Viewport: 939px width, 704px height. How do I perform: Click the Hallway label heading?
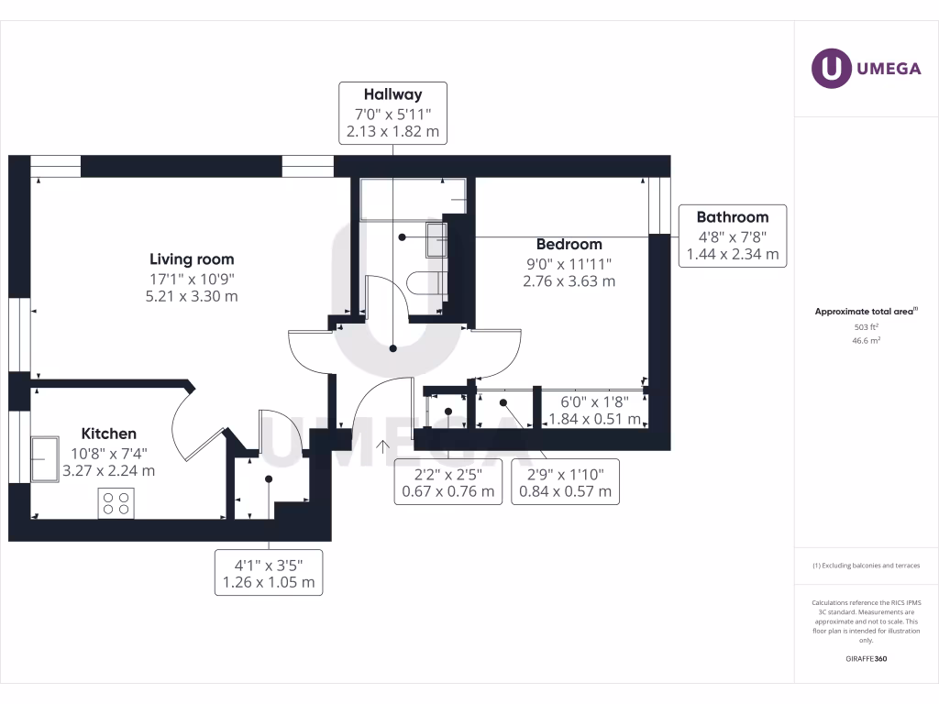tap(392, 94)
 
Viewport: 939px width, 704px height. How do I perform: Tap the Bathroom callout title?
tap(733, 216)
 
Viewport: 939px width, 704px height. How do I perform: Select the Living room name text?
tap(192, 259)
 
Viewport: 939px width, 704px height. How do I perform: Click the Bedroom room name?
tap(569, 244)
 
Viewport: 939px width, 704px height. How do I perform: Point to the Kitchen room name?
tap(109, 434)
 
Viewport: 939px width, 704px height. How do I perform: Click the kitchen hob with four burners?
tap(116, 503)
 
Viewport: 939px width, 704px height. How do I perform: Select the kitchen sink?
tap(45, 459)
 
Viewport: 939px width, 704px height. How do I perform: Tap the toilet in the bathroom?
tap(426, 283)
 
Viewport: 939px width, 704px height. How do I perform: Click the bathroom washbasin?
tap(436, 239)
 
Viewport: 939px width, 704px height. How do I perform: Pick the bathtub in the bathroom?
tap(414, 199)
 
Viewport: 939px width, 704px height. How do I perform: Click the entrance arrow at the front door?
tap(382, 446)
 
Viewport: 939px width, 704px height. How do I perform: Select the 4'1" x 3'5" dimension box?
tap(269, 573)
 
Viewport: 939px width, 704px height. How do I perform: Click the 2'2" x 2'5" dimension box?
tap(447, 482)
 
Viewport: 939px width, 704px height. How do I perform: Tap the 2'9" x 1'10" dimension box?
tap(565, 482)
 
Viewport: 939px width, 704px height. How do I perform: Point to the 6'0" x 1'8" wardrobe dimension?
tap(594, 410)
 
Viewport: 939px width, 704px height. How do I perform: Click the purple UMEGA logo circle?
tap(831, 68)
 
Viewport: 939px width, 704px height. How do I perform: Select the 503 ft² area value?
tap(866, 327)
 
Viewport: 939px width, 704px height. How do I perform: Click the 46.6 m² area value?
tap(866, 341)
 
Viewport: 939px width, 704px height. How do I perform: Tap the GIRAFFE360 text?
tap(866, 658)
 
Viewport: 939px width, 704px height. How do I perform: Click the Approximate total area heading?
tap(866, 312)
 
